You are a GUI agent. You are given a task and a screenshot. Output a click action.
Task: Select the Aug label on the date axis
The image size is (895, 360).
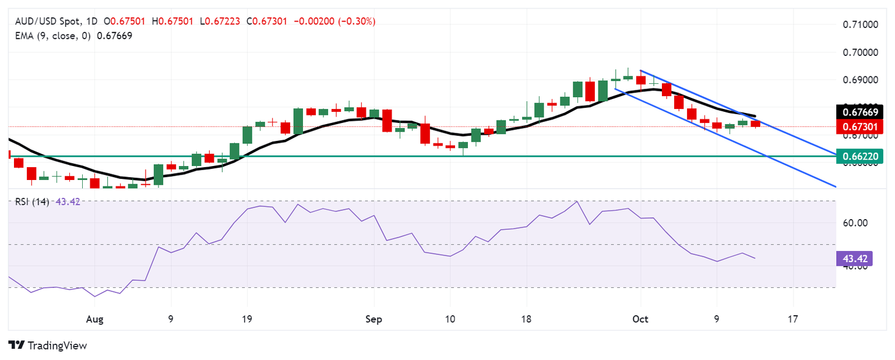[94, 320]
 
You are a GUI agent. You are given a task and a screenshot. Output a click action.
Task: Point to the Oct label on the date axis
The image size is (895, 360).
[640, 320]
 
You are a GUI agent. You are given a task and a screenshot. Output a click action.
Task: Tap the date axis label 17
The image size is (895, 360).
[792, 320]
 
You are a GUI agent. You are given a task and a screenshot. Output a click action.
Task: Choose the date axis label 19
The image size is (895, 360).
[247, 320]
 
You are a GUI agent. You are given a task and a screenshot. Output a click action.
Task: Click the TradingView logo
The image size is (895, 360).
[48, 345]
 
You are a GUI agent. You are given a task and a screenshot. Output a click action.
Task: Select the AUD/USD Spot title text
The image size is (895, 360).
[47, 22]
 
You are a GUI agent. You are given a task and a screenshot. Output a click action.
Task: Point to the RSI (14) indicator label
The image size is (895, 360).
[32, 202]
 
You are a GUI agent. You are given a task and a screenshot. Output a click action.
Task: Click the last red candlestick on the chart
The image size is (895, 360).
[755, 123]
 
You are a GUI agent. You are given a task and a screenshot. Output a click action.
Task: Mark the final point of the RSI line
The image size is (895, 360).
[755, 258]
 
